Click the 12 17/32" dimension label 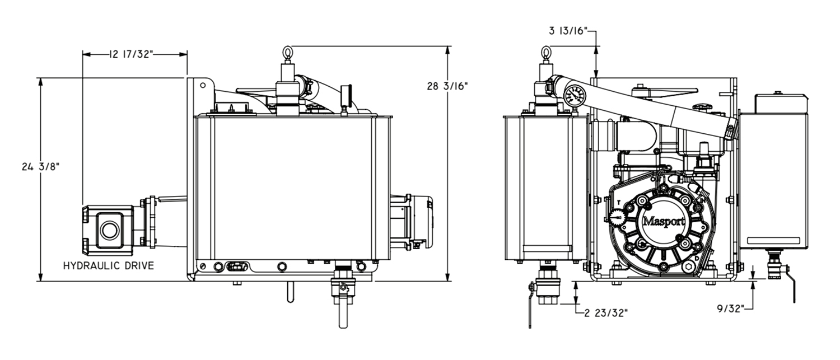pos(131,54)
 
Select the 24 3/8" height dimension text pos(40,167)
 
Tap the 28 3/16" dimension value pos(447,86)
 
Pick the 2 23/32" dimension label pos(606,313)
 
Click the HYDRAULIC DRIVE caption pos(109,266)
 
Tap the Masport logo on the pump pos(664,221)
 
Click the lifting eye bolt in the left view pos(288,54)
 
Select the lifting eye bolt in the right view pos(545,54)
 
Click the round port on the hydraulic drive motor pos(110,230)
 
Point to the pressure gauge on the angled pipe pos(575,96)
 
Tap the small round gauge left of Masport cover pos(616,217)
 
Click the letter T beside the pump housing pos(619,203)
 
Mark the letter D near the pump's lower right pos(697,258)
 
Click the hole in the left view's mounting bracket pos(203,86)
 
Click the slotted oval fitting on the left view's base pos(237,267)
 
